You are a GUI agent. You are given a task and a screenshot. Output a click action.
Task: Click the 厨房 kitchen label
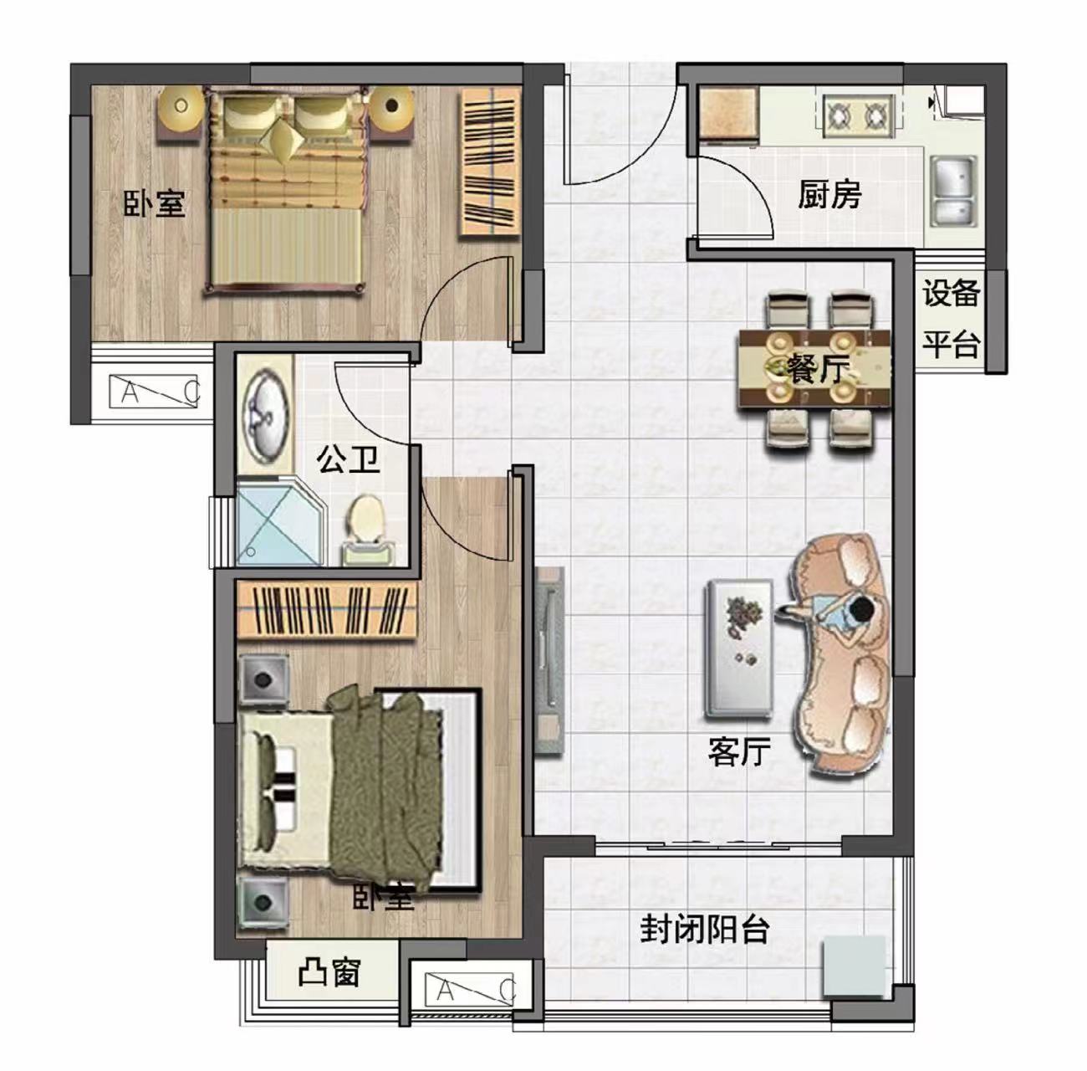(829, 195)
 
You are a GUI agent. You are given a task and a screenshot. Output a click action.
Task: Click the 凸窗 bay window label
(329, 973)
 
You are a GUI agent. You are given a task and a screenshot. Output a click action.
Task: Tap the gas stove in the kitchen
(859, 116)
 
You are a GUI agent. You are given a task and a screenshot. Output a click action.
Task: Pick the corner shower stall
(280, 521)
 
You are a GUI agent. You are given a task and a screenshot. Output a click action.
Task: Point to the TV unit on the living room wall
(549, 660)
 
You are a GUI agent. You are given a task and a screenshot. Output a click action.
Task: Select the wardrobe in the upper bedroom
(490, 162)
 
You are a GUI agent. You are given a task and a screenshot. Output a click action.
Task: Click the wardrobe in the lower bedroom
(328, 610)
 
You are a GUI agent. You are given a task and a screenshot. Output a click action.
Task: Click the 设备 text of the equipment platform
(951, 294)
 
